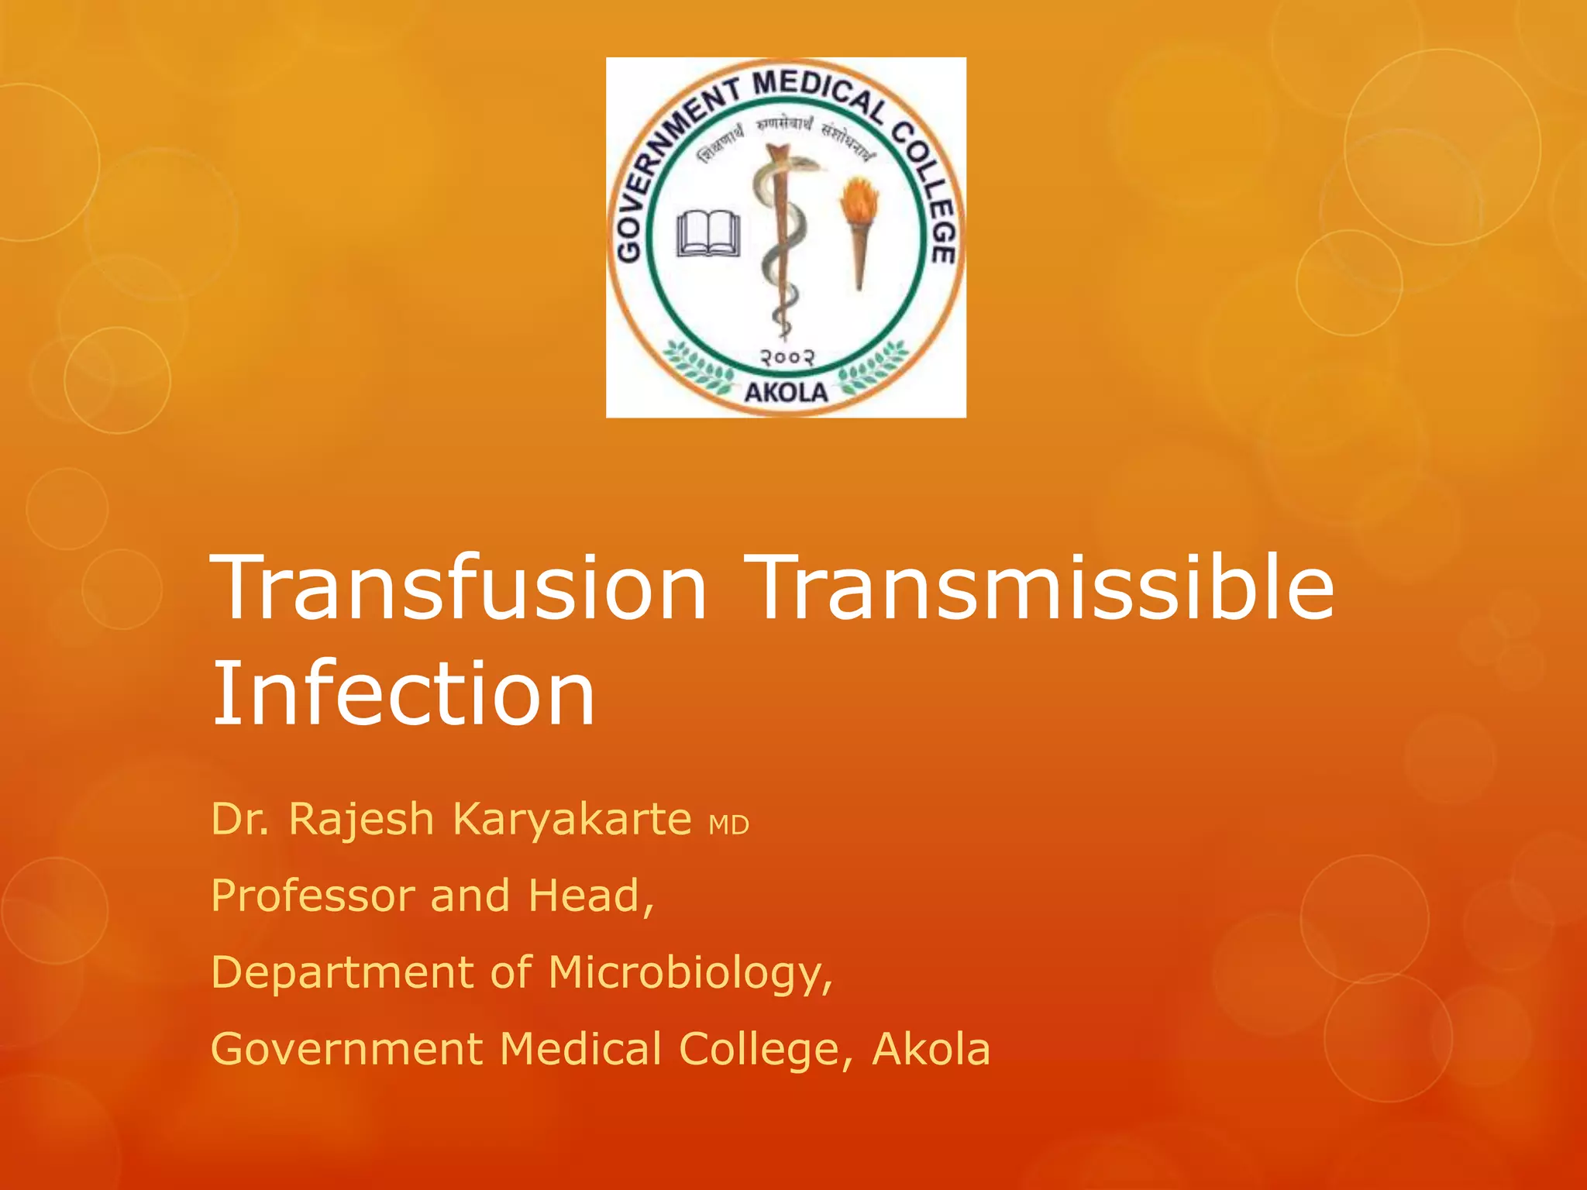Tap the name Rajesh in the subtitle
[x=361, y=819]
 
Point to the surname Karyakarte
[x=572, y=819]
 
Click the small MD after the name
[x=729, y=826]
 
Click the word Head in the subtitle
[x=587, y=896]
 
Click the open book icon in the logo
[x=708, y=233]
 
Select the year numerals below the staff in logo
[x=786, y=358]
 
